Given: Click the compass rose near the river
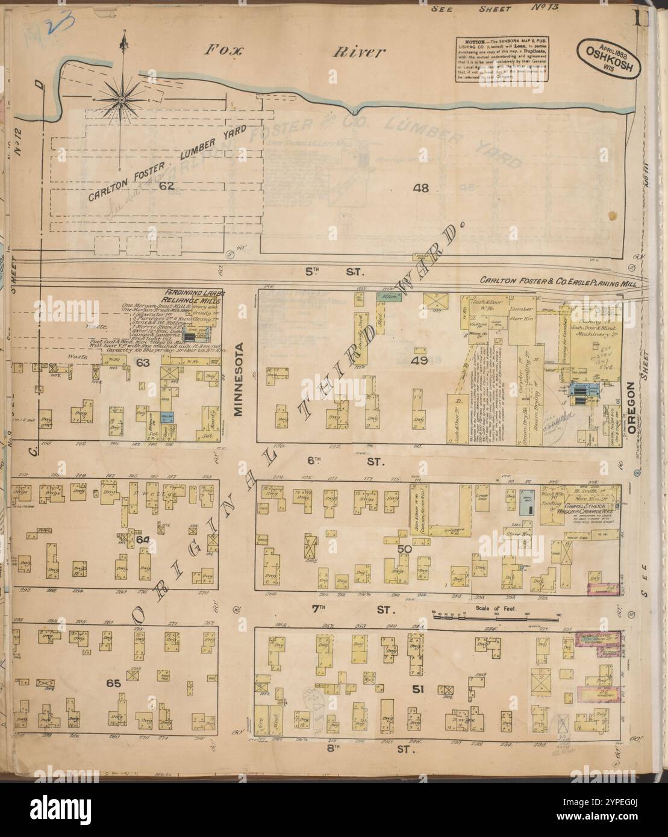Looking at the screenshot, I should pyautogui.click(x=122, y=98).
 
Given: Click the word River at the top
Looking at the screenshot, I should pyautogui.click(x=359, y=52).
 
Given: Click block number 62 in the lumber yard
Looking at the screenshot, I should pyautogui.click(x=166, y=186).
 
